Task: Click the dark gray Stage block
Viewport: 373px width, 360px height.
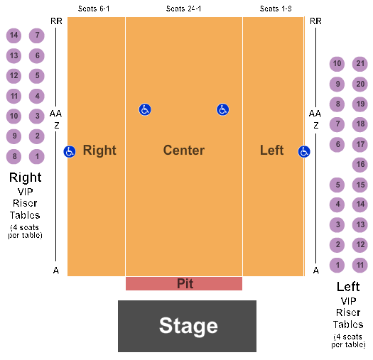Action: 187,326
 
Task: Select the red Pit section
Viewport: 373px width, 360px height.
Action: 184,283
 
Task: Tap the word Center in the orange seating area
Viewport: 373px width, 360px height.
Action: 184,151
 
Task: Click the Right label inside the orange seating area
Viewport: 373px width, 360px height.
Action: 99,151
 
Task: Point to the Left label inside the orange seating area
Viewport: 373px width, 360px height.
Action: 271,151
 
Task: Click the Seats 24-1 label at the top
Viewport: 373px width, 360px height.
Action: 183,9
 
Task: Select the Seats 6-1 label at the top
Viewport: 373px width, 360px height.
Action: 94,9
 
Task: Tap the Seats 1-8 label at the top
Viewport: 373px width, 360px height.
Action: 276,9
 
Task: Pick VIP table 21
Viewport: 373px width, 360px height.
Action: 360,64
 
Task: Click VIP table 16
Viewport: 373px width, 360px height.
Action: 360,165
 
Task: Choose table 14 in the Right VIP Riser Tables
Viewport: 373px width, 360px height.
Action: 13,36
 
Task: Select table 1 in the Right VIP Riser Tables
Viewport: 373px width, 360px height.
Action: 37,156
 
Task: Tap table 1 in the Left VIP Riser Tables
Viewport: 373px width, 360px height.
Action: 337,265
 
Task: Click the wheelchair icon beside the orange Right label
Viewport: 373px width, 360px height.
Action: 70,151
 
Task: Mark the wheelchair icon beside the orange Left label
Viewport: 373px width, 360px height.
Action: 304,151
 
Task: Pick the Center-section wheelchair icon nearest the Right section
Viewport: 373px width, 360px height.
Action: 145,109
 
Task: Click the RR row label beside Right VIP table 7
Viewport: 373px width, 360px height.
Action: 56,21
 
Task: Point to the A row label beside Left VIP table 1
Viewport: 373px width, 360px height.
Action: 316,271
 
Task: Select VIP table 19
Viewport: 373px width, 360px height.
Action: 360,104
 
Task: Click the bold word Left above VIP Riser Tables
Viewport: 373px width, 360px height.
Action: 348,287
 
